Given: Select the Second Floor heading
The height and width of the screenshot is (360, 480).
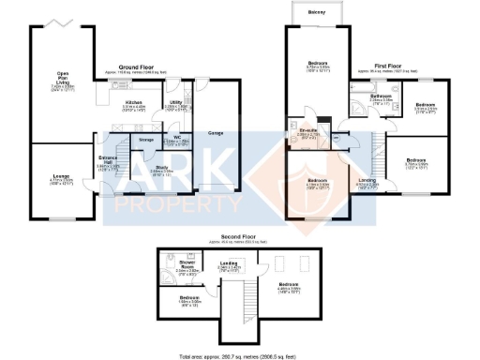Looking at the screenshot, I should [240, 237].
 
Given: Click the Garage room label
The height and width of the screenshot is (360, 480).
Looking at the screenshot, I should [215, 133].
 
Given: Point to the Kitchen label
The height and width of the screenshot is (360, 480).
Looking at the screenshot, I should [132, 102].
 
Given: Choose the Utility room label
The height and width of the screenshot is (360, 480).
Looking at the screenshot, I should [175, 102].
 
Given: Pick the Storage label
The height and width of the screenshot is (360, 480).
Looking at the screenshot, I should [145, 140].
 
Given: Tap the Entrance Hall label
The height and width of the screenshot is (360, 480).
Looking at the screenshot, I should [106, 159].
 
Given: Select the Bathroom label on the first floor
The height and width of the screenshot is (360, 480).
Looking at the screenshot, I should [381, 96].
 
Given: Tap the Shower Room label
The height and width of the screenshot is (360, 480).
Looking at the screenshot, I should [185, 264].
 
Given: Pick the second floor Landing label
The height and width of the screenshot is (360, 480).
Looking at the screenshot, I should [230, 264].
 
